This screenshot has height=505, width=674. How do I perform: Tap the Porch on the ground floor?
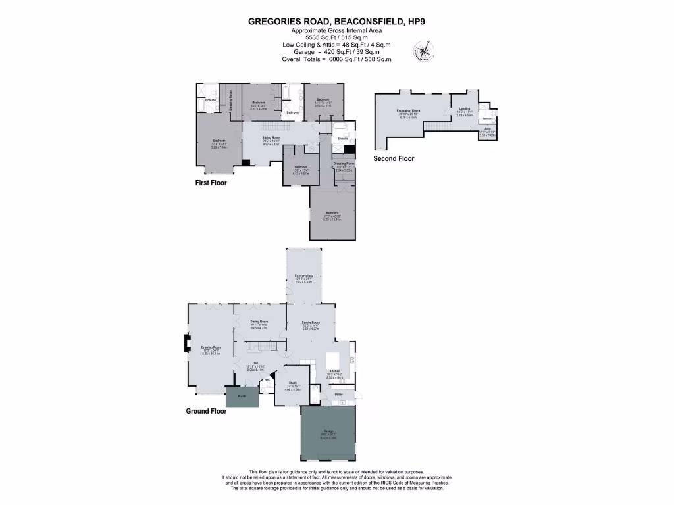pos(242,397)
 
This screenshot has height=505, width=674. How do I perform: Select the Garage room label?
pos(328,431)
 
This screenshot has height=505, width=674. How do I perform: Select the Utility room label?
pos(338,394)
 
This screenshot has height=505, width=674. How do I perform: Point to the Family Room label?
pos(311,322)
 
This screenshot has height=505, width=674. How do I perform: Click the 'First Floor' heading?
pos(211,183)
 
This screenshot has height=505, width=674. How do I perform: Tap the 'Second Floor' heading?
pos(394,158)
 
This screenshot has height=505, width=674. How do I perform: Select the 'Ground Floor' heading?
pos(206,411)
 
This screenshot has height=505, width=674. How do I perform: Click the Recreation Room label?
pos(408,110)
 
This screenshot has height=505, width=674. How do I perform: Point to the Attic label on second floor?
pos(488,129)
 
